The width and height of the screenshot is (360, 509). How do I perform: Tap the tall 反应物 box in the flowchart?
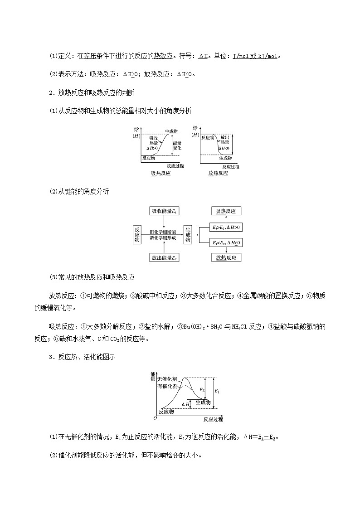pyautogui.click(x=137, y=234)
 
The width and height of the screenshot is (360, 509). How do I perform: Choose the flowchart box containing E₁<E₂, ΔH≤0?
pyautogui.click(x=226, y=243)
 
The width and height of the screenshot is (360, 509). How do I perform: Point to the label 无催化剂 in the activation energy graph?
pyautogui.click(x=167, y=379)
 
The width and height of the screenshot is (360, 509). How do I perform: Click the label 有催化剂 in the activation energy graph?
pyautogui.click(x=168, y=386)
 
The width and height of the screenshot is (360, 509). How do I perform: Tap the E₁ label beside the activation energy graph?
pyautogui.click(x=217, y=391)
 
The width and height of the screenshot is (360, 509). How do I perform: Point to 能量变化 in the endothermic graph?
pyautogui.click(x=177, y=145)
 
